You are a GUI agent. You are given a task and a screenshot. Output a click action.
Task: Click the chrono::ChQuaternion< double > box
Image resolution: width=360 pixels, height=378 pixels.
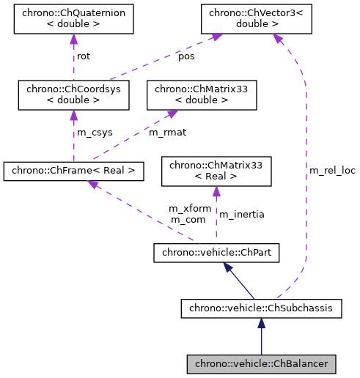73,18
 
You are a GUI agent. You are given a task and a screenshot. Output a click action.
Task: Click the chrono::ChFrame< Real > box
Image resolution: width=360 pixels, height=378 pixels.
73,171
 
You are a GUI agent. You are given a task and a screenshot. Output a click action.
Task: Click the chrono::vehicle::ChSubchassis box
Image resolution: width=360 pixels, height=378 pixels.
260,308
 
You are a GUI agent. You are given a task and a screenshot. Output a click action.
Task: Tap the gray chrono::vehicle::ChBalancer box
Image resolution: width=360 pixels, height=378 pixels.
261,363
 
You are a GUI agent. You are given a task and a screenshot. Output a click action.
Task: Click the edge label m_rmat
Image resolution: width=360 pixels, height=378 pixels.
166,133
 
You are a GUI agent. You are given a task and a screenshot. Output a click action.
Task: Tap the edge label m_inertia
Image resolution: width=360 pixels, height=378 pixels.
242,214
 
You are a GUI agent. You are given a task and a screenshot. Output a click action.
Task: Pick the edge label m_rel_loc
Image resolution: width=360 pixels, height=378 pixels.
332,171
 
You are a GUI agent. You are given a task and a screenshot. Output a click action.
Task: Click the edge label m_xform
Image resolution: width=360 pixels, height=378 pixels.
190,209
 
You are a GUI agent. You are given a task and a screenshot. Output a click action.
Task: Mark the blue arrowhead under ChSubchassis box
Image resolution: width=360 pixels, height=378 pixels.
260,322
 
